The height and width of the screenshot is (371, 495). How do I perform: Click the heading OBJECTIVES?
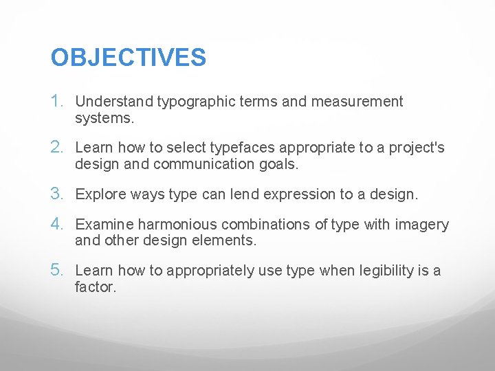click(x=128, y=58)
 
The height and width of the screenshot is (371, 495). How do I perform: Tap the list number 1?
click(x=58, y=102)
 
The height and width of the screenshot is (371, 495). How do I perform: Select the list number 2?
click(x=58, y=148)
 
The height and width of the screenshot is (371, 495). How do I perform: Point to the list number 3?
click(x=58, y=194)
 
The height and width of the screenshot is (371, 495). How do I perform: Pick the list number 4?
click(x=58, y=224)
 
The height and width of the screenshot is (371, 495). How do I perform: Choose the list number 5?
click(x=58, y=270)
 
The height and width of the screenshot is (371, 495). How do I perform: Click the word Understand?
click(x=114, y=102)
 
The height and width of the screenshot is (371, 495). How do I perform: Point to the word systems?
click(x=104, y=119)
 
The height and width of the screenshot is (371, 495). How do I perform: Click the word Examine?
click(x=104, y=225)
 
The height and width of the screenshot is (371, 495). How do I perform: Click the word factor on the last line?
click(x=96, y=287)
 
